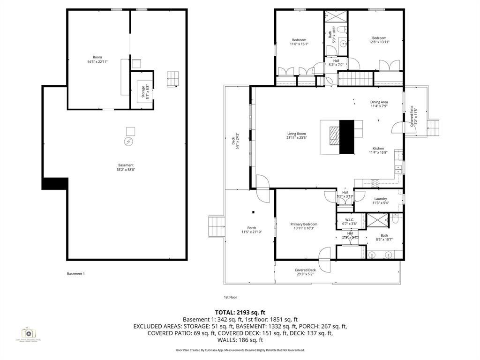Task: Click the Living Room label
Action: [296, 134]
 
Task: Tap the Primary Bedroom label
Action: [304, 224]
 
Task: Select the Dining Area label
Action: [379, 102]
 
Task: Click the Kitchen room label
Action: [378, 149]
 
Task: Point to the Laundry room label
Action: [380, 199]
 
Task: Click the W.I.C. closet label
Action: [349, 219]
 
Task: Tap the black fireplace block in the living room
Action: [346, 136]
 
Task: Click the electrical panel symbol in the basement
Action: [128, 141]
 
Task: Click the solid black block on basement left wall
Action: [55, 183]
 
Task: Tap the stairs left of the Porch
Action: [216, 227]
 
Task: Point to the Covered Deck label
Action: [305, 270]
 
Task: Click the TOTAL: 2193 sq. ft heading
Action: [240, 312]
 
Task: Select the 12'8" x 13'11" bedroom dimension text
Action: [379, 42]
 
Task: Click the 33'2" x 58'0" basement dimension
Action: [126, 170]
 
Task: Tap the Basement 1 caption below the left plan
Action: [76, 274]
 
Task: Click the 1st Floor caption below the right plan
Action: [230, 297]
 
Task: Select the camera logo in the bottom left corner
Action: [28, 333]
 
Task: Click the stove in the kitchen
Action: [375, 182]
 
